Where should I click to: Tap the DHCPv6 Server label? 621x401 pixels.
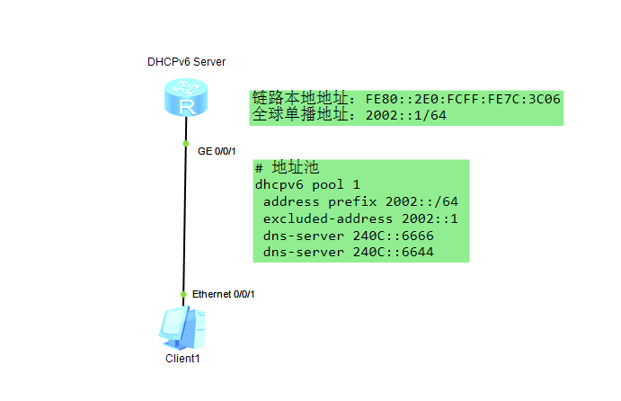(x=186, y=62)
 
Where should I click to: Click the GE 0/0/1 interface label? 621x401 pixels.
(x=217, y=151)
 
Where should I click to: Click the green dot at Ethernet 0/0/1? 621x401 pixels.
(x=183, y=294)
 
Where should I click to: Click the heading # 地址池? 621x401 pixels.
(x=287, y=168)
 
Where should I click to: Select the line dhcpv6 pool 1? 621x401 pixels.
(x=302, y=184)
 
